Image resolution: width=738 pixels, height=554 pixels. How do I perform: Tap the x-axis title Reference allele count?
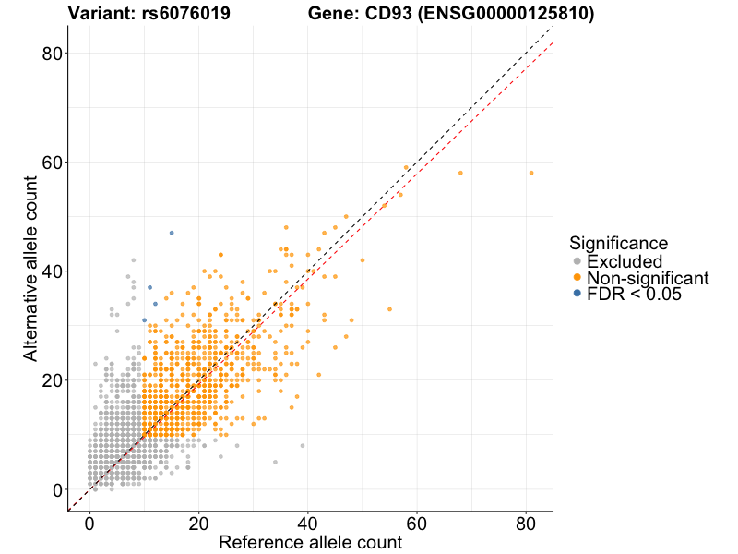(310, 542)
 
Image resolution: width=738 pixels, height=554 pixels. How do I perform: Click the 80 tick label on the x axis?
(526, 523)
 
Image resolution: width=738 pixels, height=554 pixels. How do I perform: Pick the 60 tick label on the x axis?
(417, 523)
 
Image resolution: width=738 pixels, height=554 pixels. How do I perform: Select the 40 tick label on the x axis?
(308, 523)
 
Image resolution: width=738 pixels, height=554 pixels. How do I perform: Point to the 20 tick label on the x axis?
(198, 523)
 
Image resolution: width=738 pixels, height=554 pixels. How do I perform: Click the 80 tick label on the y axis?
(51, 54)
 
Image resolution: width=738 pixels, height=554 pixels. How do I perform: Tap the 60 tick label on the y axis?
(51, 163)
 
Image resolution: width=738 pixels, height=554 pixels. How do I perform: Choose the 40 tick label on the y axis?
(51, 271)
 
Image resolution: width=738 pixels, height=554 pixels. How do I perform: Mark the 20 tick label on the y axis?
(51, 380)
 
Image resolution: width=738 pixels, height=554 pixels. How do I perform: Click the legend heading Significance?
(618, 244)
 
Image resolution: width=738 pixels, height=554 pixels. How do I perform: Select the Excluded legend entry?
(625, 262)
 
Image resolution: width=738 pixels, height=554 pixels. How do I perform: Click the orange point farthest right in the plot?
(531, 173)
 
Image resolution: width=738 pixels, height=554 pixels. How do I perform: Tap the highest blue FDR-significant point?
(172, 233)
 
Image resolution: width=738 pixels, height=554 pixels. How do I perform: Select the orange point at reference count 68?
(460, 173)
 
